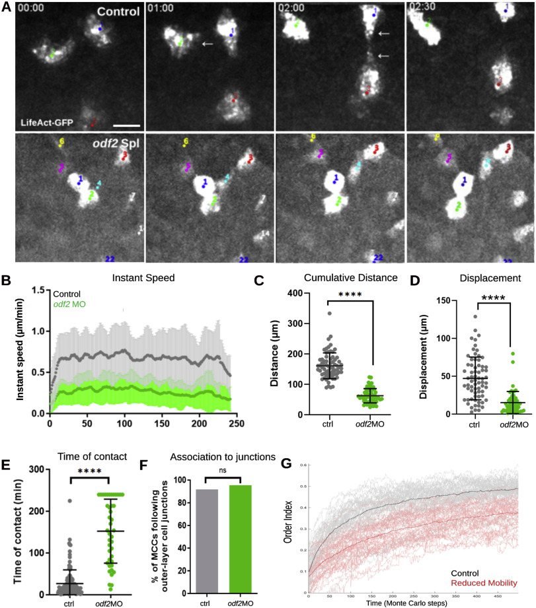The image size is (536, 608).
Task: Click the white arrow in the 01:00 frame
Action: (x=208, y=44)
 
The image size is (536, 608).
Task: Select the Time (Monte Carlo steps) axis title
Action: (x=410, y=603)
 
